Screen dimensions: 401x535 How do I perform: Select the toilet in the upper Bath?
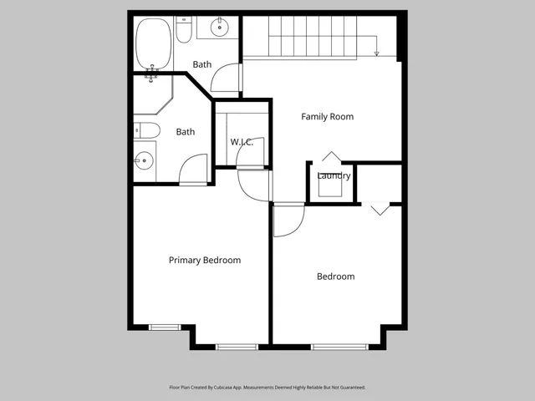(x=185, y=31)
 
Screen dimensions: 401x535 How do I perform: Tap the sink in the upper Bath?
(x=220, y=28)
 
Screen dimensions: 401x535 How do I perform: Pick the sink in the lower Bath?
(x=144, y=159)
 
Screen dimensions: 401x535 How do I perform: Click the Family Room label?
(x=327, y=117)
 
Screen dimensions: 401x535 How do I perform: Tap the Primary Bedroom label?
(x=204, y=261)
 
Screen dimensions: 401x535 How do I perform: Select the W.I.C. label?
(x=242, y=142)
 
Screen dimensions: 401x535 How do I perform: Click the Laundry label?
(x=334, y=176)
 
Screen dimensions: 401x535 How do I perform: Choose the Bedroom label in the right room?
(x=335, y=277)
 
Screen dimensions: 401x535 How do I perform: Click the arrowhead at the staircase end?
(x=377, y=53)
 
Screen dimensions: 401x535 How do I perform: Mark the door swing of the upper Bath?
(x=226, y=79)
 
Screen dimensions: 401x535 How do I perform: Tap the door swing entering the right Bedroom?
(x=289, y=219)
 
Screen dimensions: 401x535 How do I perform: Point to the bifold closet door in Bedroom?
(x=380, y=210)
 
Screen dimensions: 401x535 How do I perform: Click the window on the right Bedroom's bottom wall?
(x=339, y=346)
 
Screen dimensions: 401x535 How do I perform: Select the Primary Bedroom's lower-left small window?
(x=165, y=327)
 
